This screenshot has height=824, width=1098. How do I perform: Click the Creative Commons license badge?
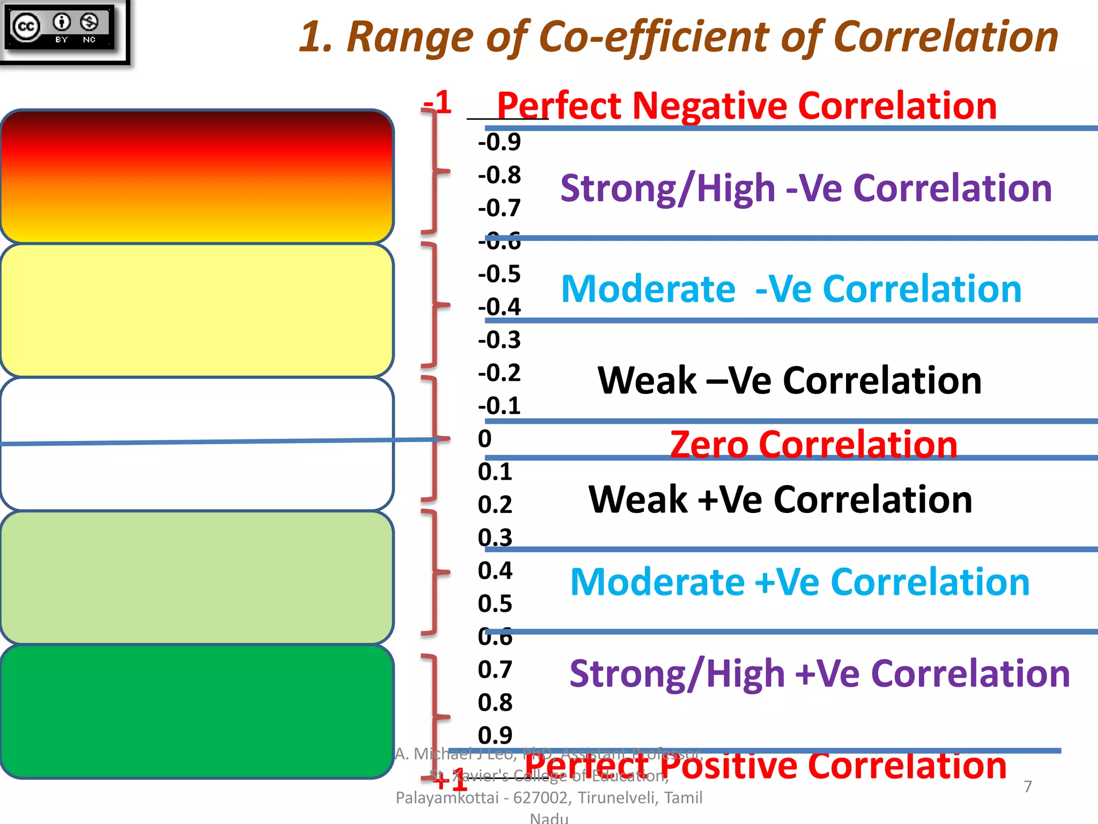pos(60,28)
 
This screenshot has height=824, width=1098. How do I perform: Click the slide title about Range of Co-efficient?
pos(678,36)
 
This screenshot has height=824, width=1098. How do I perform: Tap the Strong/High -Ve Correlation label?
pos(806,188)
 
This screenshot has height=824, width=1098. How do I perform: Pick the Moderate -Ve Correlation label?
pos(791,289)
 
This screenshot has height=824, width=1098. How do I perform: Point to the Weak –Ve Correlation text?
pos(789,380)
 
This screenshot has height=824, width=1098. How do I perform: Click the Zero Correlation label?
pos(813,444)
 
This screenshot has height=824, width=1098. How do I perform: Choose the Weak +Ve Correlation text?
pos(780,499)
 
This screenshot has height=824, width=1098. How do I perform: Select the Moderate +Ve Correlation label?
pos(799,582)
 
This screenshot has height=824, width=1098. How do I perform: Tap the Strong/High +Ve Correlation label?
pos(819,673)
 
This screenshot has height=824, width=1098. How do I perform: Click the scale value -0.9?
pos(499,142)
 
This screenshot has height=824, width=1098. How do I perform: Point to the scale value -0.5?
pos(499,274)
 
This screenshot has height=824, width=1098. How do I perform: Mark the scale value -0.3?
pos(499,340)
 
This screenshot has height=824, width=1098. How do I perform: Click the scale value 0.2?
pos(495,505)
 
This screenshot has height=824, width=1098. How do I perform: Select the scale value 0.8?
pos(495,703)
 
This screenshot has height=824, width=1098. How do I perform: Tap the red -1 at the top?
pos(437,102)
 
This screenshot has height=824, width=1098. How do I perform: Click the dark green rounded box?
pos(197,711)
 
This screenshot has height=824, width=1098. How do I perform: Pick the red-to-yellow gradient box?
pos(197,176)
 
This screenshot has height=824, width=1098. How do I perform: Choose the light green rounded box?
pos(197,577)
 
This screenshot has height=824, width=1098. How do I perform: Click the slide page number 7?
pos(1027,786)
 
